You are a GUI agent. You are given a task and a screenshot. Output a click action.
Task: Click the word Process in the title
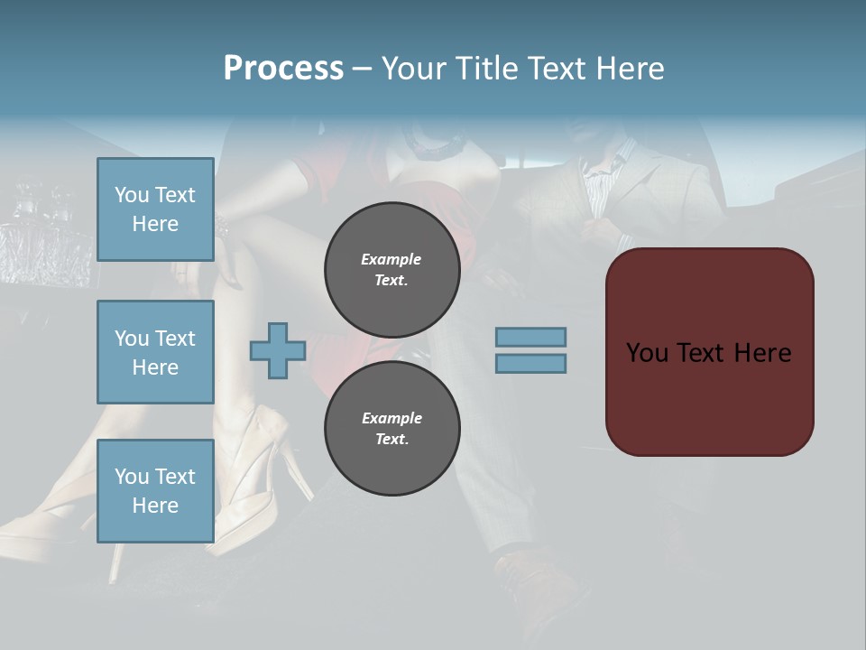[283, 69]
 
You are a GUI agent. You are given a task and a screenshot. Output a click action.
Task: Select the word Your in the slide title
[414, 69]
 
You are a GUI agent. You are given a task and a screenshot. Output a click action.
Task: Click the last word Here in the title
[629, 69]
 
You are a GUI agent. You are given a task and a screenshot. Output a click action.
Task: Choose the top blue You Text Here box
[155, 209]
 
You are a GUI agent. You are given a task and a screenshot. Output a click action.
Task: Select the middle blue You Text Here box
[155, 352]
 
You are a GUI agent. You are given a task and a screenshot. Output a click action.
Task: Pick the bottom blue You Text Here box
[155, 490]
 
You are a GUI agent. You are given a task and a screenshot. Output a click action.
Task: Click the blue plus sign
[278, 350]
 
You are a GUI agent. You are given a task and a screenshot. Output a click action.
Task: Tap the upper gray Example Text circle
[392, 270]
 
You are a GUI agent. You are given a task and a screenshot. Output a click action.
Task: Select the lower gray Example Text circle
[392, 429]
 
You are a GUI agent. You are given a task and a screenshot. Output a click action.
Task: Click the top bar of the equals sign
[530, 337]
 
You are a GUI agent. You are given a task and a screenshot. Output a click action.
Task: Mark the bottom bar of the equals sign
[530, 363]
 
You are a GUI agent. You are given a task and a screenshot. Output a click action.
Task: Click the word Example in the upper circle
[392, 259]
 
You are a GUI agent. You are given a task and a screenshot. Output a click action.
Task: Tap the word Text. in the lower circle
[392, 440]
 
